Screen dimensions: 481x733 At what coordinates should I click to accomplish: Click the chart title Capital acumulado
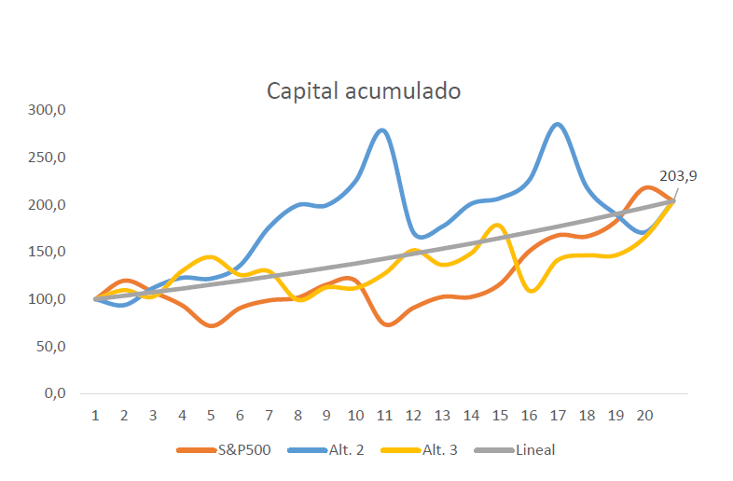(x=364, y=91)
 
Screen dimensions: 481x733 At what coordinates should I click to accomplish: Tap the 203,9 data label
(x=679, y=176)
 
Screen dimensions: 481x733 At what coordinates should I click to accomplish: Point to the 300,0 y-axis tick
(x=48, y=110)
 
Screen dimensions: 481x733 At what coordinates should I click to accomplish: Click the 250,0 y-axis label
(x=48, y=158)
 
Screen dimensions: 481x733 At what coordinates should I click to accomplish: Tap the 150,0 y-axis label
(x=48, y=252)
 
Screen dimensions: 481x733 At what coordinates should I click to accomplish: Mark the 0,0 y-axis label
(x=54, y=393)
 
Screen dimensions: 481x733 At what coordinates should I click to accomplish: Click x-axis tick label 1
(x=95, y=415)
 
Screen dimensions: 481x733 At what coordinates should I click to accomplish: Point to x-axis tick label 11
(x=384, y=415)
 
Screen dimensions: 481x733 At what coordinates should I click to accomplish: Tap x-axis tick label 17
(x=558, y=415)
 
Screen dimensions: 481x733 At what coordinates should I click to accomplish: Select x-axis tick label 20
(x=644, y=415)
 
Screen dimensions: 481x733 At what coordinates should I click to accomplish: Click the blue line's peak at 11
(x=382, y=130)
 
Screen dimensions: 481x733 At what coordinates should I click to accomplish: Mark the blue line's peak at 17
(x=557, y=124)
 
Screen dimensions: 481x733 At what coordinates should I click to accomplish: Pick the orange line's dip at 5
(x=212, y=325)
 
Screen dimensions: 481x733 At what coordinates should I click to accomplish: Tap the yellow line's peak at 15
(x=498, y=225)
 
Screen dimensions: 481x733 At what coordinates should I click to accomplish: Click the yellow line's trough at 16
(x=531, y=291)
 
